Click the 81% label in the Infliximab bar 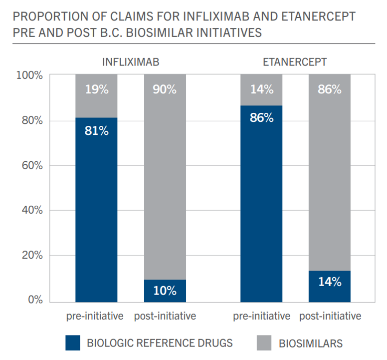pyautogui.click(x=96, y=131)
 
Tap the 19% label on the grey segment pyautogui.click(x=96, y=90)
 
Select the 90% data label pyautogui.click(x=165, y=90)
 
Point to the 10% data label pyautogui.click(x=165, y=290)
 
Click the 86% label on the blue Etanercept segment pyautogui.click(x=261, y=118)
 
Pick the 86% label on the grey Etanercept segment pyautogui.click(x=330, y=90)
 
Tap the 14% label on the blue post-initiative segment pyautogui.click(x=330, y=281)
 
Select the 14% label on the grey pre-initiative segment pyautogui.click(x=261, y=90)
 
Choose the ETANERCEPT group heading pyautogui.click(x=295, y=62)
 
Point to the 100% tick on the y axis pyautogui.click(x=30, y=75)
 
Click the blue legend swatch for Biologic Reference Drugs pyautogui.click(x=73, y=343)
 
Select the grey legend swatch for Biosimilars pyautogui.click(x=264, y=343)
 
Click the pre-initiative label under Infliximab pyautogui.click(x=96, y=317)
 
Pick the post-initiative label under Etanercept pyautogui.click(x=330, y=317)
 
